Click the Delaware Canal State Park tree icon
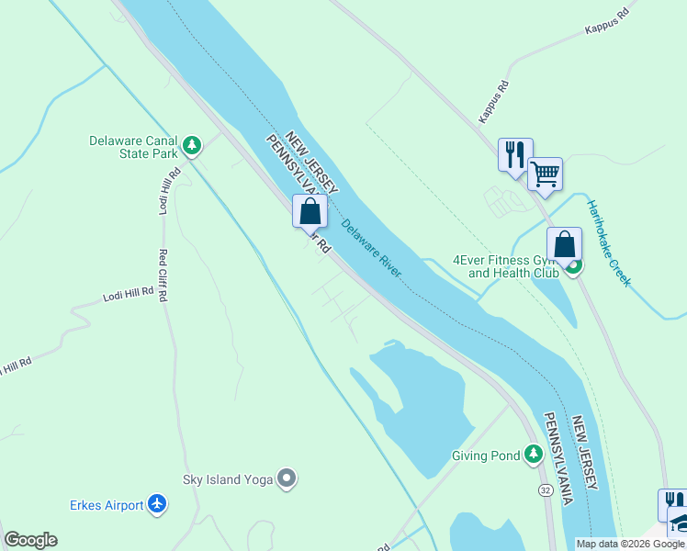(x=192, y=145)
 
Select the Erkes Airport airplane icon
(x=157, y=504)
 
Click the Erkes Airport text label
(x=107, y=505)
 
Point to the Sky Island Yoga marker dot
(x=287, y=478)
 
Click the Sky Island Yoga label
(x=225, y=479)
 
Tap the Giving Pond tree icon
(x=534, y=454)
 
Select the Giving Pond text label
(x=486, y=455)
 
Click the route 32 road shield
(x=546, y=491)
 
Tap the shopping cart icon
(x=545, y=173)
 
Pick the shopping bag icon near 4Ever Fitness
(x=564, y=244)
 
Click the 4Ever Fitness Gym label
(x=506, y=266)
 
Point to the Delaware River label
(x=371, y=248)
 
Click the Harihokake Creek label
(x=610, y=243)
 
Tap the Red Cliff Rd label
(x=163, y=275)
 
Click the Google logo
(x=30, y=540)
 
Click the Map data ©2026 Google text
(x=630, y=544)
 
